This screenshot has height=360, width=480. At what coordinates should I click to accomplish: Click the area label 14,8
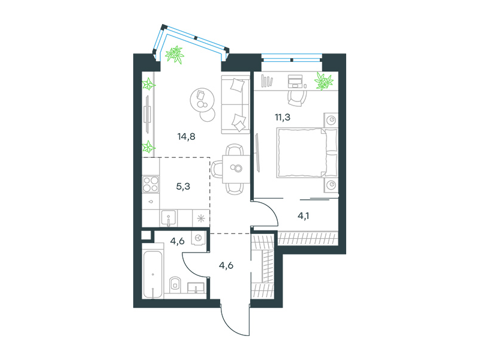tap(186, 137)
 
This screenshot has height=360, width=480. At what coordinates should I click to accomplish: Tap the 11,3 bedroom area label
tap(283, 117)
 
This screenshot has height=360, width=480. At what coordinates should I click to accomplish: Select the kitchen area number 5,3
tap(183, 186)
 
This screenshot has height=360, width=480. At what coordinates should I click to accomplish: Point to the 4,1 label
tap(303, 216)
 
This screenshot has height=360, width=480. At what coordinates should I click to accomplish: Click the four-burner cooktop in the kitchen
tap(151, 184)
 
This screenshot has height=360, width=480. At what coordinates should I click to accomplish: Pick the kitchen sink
tap(168, 218)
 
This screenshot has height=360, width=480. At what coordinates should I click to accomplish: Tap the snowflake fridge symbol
tap(201, 218)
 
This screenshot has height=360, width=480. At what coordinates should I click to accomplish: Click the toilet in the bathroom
tap(175, 284)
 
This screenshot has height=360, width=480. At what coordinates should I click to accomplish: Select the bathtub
tap(152, 274)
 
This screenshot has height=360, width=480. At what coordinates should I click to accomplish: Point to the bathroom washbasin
tap(196, 288)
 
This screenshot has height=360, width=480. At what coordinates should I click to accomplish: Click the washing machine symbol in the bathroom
tap(198, 238)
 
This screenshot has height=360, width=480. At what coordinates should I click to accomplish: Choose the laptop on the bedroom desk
tap(295, 81)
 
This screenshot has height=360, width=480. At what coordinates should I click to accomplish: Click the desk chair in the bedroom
tap(296, 98)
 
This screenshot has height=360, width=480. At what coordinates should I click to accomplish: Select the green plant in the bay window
tap(175, 55)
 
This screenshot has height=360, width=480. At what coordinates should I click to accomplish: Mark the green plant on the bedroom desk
tap(324, 81)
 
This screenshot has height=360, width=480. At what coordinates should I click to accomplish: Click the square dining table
tap(236, 169)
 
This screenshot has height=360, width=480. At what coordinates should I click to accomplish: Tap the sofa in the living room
tap(235, 104)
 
